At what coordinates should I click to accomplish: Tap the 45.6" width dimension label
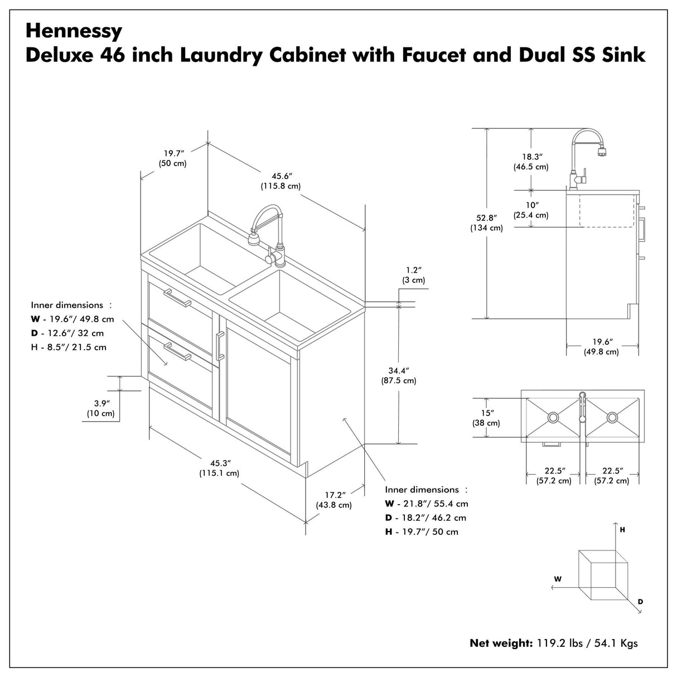coord(281,181)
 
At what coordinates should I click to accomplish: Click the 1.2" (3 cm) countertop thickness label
coord(413,275)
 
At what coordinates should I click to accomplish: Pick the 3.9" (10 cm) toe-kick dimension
coord(101,408)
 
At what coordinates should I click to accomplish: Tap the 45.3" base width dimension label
coord(220,468)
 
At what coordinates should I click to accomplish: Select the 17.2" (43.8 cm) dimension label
coord(334,500)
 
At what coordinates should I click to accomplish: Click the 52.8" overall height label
coord(487,223)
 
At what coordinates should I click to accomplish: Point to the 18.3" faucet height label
coord(531,162)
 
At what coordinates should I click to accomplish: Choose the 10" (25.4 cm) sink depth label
coord(531,210)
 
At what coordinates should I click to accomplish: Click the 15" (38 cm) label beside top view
coord(486,418)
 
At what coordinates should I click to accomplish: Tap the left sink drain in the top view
coord(553,417)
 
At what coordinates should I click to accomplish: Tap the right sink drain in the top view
coord(612,417)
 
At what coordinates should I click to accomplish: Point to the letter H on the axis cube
coord(622,530)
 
